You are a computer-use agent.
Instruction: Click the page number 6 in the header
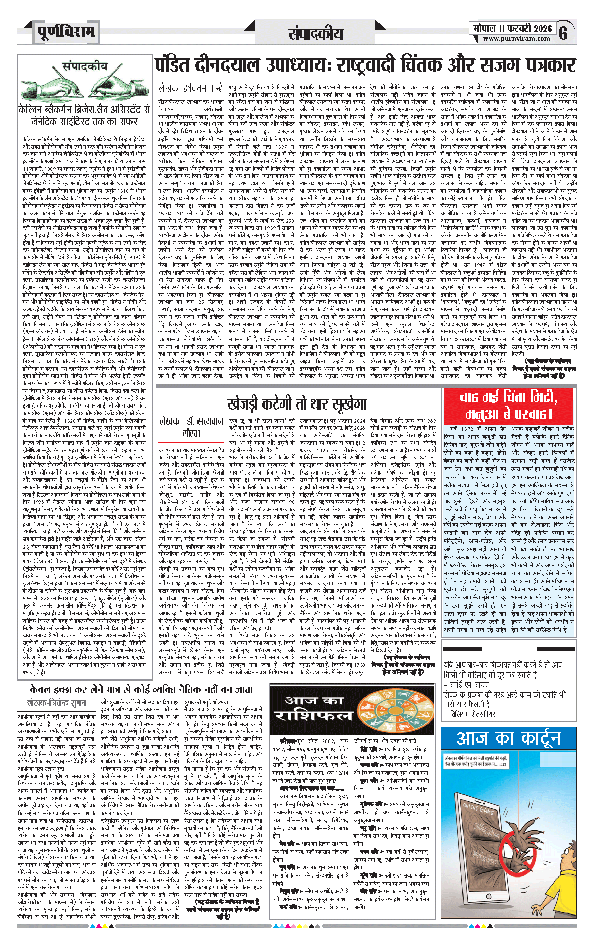tap(563, 33)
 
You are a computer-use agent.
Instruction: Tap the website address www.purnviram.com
tap(517, 39)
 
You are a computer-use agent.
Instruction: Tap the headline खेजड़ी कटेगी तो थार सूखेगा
tap(297, 403)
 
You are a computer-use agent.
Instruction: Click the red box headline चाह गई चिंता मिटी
tap(508, 398)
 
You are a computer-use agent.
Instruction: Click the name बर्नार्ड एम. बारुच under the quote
tap(466, 685)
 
